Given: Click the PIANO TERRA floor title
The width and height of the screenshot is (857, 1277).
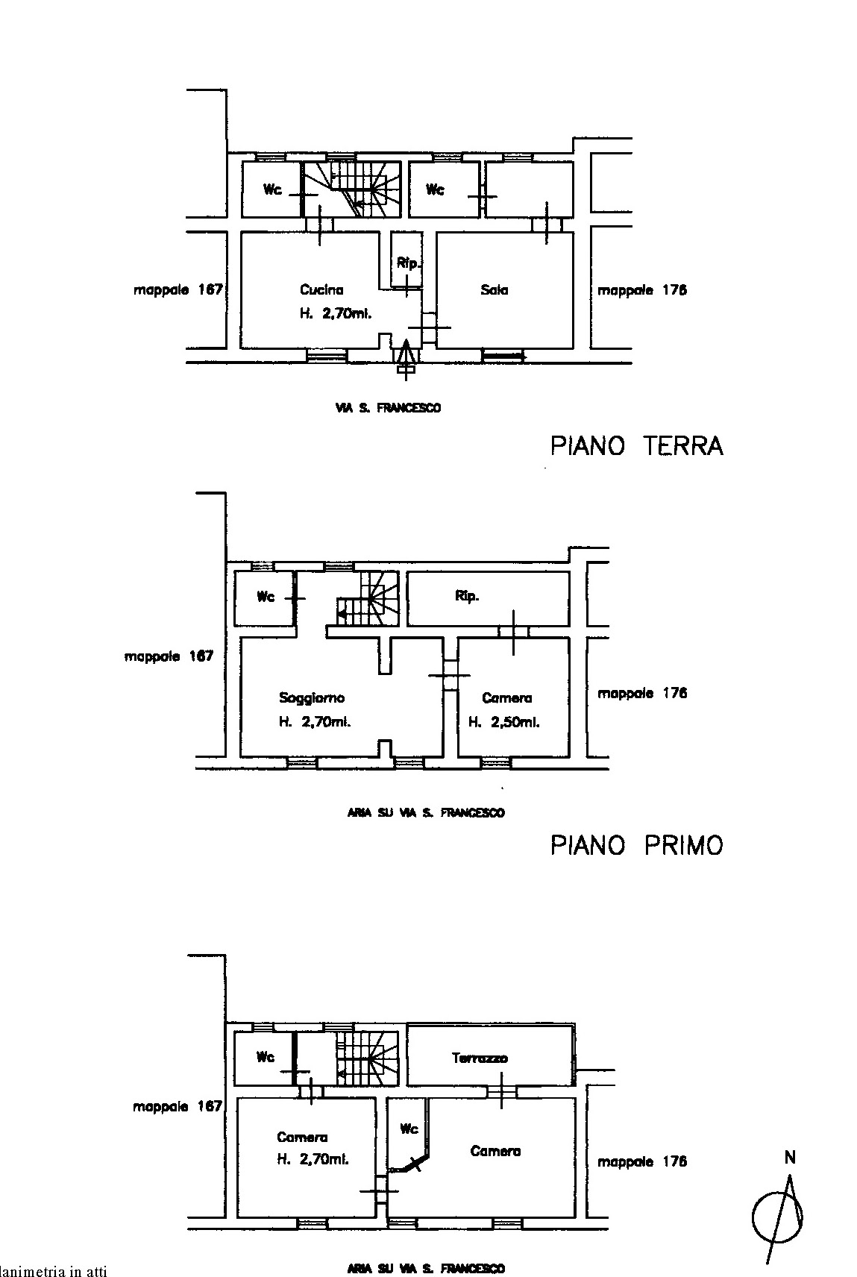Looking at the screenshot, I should click(636, 445).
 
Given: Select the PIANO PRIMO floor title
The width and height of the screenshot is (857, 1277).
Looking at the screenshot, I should click(636, 845).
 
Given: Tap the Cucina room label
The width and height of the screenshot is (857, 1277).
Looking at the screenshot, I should click(321, 289).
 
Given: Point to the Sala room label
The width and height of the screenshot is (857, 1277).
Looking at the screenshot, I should click(494, 289).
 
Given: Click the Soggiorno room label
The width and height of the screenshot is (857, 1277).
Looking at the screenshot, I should click(312, 698).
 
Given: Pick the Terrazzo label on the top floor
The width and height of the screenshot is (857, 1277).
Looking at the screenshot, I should click(480, 1058).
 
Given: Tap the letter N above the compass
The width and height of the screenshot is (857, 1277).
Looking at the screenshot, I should click(790, 1158).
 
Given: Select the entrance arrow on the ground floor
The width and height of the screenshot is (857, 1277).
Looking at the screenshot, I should click(406, 356).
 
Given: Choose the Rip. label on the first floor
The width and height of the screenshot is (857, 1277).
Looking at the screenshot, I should click(467, 597).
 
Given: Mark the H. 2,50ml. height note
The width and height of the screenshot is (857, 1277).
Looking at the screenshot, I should click(503, 722).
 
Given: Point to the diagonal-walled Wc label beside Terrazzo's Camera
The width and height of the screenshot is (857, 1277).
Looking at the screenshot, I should click(409, 1129).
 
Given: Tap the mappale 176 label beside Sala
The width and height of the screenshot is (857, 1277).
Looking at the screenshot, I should click(641, 290).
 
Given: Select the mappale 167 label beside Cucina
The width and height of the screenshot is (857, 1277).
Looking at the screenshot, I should click(178, 290).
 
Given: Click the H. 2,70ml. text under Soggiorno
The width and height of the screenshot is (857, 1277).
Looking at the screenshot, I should click(315, 722).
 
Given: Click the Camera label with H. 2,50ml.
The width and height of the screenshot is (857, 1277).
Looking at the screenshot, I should click(506, 698).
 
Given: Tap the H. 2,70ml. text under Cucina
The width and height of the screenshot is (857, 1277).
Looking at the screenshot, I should click(336, 314).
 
